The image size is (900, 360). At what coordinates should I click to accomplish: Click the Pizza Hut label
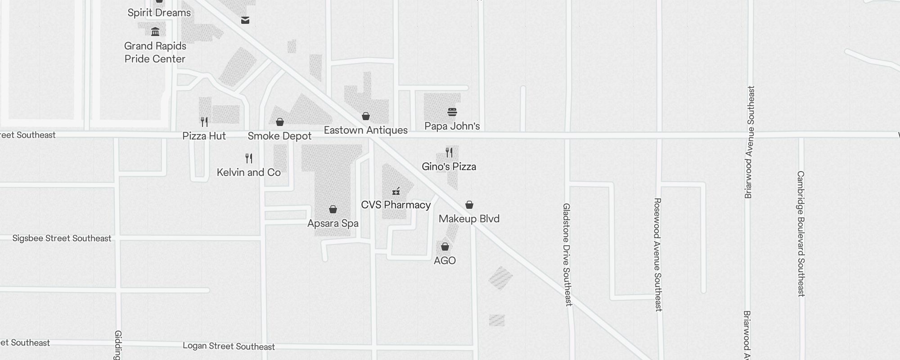coord(204,136)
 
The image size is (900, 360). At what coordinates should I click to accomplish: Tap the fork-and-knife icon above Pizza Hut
coord(204,121)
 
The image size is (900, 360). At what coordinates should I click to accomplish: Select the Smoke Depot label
coord(279,136)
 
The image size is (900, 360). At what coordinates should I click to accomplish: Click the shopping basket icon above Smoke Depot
coord(280,122)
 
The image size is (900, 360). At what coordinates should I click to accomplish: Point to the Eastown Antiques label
coord(365,130)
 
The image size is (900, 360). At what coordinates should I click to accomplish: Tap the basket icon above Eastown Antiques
coord(366,116)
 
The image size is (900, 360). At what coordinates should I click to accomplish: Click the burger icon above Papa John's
coord(452,112)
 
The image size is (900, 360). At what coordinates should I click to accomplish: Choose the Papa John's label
coord(452,126)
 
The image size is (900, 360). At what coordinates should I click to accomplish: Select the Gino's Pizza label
coord(449,166)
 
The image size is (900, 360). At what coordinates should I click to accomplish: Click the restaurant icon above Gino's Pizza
coord(449,152)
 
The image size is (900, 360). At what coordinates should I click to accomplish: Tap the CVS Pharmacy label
coord(396,205)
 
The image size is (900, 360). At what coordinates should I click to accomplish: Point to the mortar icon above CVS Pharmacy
coord(396,191)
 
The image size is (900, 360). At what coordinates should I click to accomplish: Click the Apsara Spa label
coord(333,223)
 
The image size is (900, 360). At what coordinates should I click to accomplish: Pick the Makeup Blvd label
coord(469,219)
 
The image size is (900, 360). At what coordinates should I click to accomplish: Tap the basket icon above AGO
coord(445,247)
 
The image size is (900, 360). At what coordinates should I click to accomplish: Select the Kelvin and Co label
coord(248,172)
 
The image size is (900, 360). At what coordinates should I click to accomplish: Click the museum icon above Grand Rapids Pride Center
coord(155,31)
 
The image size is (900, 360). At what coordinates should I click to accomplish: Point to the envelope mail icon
coord(245,20)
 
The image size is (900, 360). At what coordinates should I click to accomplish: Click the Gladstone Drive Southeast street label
coord(567,254)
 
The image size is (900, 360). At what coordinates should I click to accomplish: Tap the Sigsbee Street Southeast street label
coord(62,238)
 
